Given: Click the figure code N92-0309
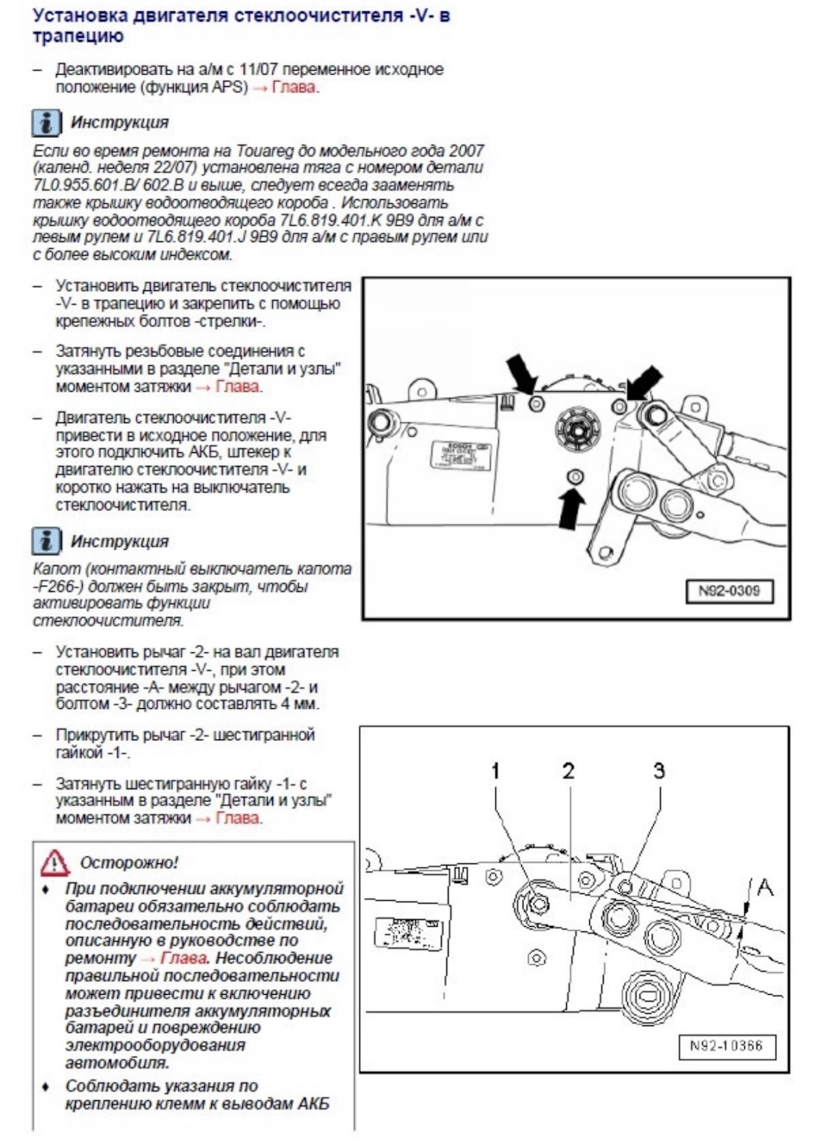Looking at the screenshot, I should pos(729,591).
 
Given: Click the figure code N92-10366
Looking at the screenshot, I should pos(725,1046).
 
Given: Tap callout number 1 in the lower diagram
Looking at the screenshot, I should pos(495,770).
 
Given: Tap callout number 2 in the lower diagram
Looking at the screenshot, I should pos(568,770).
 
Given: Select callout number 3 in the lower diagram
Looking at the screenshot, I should pos(659,770).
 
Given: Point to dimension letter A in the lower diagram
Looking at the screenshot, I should pos(764,886).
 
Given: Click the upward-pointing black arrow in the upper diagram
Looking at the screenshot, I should pos(569,508).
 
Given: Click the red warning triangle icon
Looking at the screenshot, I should pos(54,861).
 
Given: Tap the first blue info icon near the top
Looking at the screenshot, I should pos(46,122).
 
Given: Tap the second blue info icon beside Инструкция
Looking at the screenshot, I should pos(46,541).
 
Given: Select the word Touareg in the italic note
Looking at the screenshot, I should pos(300,151).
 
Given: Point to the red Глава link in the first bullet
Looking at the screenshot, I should pos(294,87).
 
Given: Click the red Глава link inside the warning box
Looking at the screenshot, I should pos(183,958).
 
